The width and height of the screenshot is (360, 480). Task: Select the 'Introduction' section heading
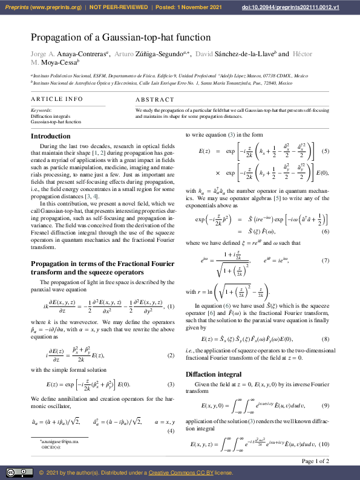coord(51,136)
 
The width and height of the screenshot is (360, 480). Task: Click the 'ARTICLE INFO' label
coord(57,99)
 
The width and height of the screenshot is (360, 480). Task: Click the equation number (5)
coord(324,150)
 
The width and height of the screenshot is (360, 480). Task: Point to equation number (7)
coord(326,261)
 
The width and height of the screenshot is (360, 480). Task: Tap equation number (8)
coord(326,339)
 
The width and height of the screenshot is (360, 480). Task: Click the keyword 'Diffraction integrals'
coord(51,116)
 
